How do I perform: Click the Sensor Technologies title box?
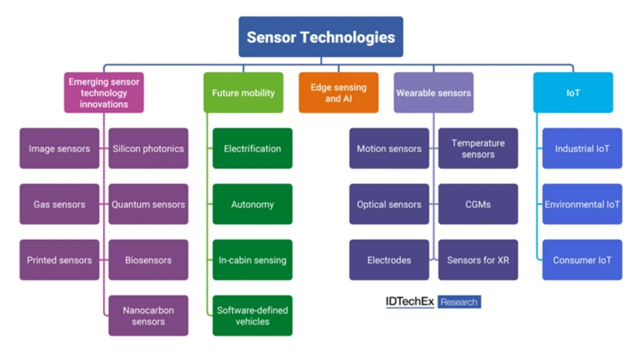[321, 37]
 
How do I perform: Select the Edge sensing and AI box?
[338, 93]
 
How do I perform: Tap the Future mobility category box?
[243, 93]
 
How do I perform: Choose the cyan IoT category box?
[573, 93]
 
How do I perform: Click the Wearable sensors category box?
[434, 93]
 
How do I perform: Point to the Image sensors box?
[59, 148]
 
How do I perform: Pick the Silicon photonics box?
[148, 148]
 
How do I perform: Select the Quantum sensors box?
[148, 204]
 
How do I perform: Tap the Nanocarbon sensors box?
[148, 316]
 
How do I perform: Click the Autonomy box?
[253, 204]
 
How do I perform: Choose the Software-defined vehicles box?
[253, 316]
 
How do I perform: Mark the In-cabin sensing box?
[253, 260]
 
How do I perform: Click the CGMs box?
[478, 204]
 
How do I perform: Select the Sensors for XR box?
[478, 260]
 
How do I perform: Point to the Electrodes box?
[389, 260]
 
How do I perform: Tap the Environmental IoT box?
[582, 204]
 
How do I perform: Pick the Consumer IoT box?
[582, 260]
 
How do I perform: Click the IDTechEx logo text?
[410, 302]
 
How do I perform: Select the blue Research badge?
[459, 302]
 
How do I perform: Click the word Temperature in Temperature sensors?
[478, 143]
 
